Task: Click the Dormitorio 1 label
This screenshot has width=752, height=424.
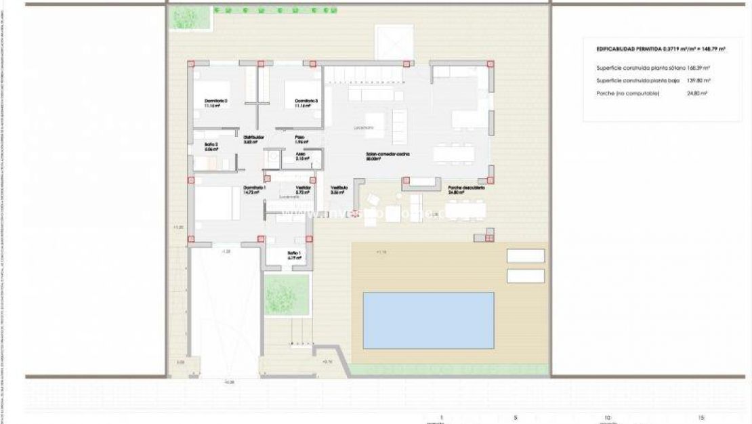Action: (254, 190)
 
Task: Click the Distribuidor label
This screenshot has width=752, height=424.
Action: (253, 138)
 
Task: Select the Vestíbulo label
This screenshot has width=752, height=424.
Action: (339, 189)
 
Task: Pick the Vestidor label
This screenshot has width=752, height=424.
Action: (302, 189)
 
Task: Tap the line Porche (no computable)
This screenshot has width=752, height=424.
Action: (627, 93)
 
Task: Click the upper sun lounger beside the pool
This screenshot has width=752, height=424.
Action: (526, 255)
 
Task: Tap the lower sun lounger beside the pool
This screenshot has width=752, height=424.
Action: (526, 276)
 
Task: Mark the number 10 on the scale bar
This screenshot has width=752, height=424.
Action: (607, 417)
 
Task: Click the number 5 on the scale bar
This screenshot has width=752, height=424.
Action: (516, 417)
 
